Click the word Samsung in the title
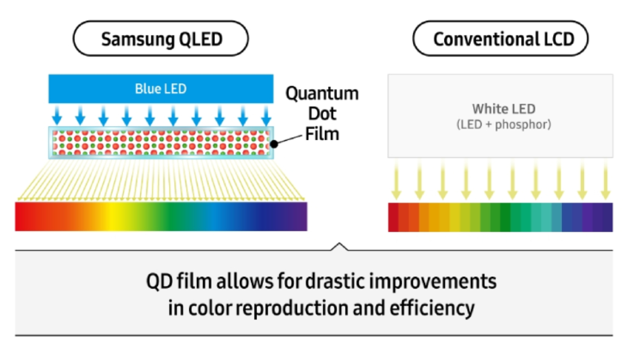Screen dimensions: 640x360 [138, 39]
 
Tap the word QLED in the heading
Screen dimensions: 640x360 [201, 39]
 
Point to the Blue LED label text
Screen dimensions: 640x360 [161, 89]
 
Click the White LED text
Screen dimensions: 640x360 [503, 109]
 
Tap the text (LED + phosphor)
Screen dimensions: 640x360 [503, 125]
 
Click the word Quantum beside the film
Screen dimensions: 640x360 [322, 94]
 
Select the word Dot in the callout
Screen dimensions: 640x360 [322, 114]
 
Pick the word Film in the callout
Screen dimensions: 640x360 [322, 134]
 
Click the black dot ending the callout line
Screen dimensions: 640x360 [274, 144]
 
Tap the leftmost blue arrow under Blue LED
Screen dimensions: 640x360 [57, 115]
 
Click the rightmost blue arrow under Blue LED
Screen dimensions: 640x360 [266, 115]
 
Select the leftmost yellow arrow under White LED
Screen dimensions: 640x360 [396, 180]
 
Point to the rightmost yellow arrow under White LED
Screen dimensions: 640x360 [605, 180]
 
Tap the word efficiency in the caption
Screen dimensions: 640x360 [432, 309]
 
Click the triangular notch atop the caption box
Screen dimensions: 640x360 [339, 246]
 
